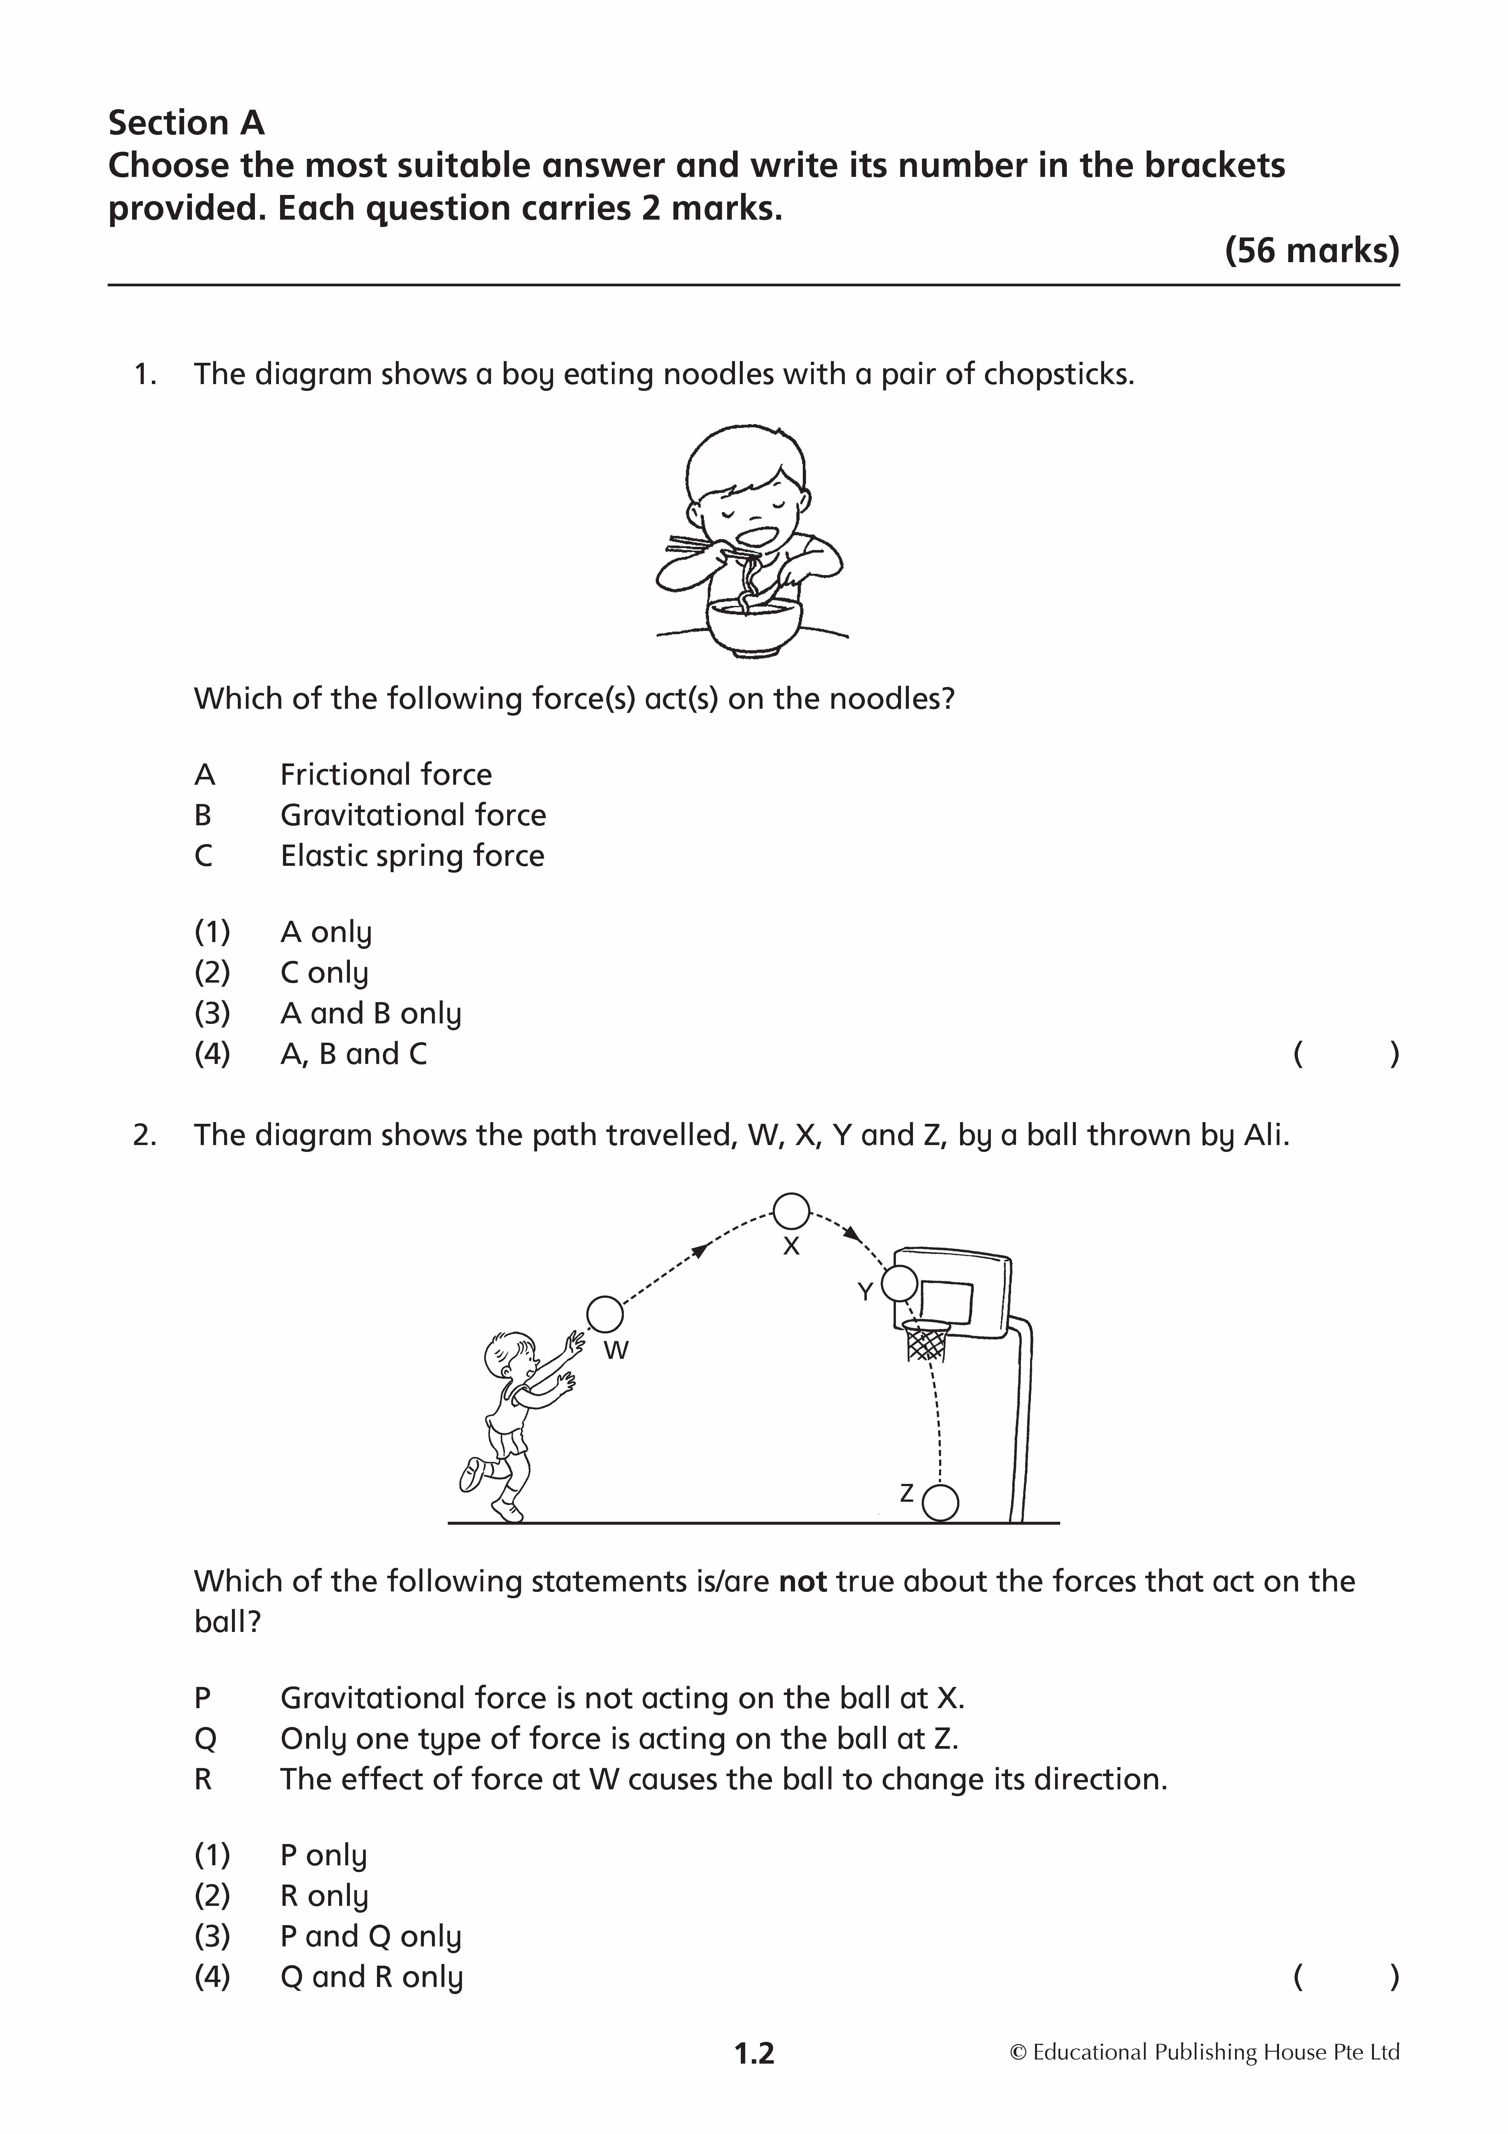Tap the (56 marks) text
coord(1312,251)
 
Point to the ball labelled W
coord(605,1315)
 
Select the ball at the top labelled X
coord(792,1211)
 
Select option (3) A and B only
coord(328,1013)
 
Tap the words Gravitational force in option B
coord(413,815)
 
